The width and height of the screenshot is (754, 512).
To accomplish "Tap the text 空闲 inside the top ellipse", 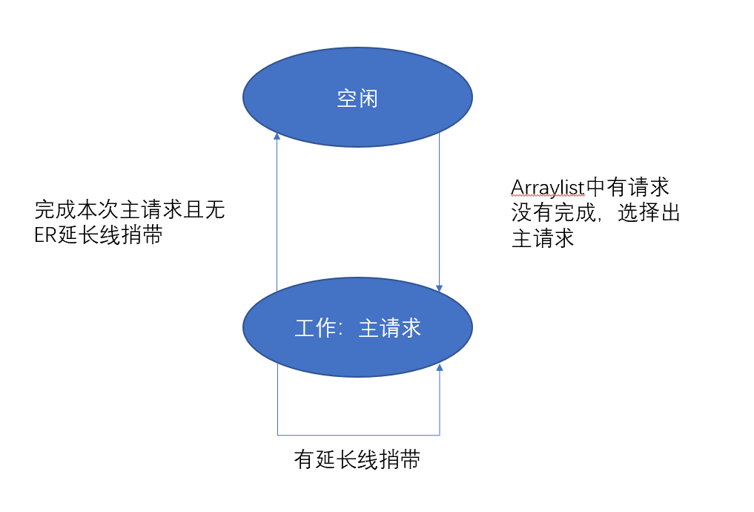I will [x=357, y=98].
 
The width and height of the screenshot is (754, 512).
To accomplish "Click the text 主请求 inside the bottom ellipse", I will [x=390, y=329].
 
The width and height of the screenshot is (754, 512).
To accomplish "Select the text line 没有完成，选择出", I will [x=595, y=213].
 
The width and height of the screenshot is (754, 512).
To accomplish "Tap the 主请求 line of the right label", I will [x=543, y=239].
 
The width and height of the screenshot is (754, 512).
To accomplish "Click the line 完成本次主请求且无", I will [x=130, y=210].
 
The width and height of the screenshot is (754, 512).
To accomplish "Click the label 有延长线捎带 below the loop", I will [x=357, y=460].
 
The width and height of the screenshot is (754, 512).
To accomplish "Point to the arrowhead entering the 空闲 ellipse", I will [x=277, y=136].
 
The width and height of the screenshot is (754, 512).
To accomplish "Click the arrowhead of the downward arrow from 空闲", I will [x=440, y=287].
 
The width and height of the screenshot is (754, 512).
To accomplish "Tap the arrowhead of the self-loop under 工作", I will [x=440, y=367].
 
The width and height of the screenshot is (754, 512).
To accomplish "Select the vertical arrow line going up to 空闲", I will [x=277, y=215].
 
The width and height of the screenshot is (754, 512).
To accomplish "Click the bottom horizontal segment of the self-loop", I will [x=358, y=435].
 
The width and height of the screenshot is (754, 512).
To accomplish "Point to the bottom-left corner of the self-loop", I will [x=278, y=435].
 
